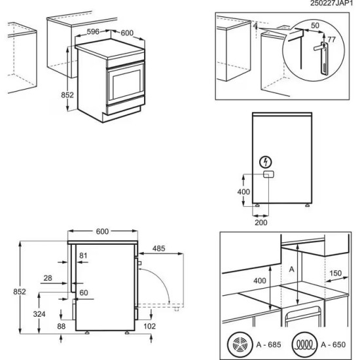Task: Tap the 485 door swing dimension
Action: pos(159,249)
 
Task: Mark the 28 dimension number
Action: pos(47,278)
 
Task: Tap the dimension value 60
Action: pos(83,292)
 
